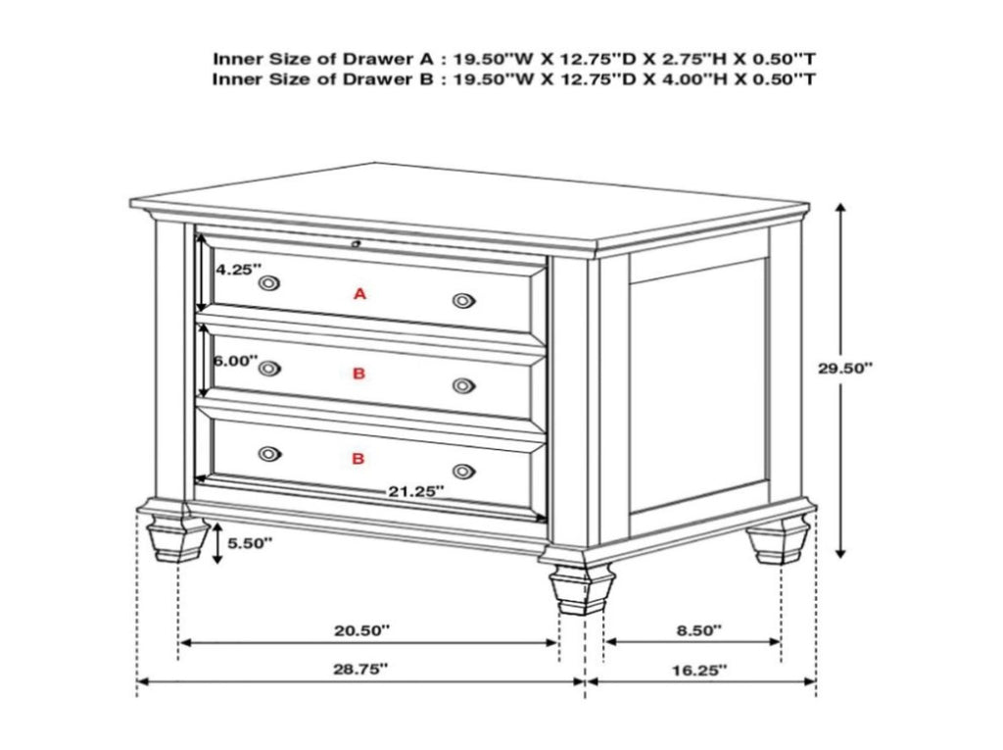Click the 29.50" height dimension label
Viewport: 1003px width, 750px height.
(x=845, y=369)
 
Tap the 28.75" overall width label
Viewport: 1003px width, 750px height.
(x=360, y=670)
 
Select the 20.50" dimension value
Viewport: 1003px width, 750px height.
(x=361, y=630)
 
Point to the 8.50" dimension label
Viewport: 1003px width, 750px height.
(x=699, y=630)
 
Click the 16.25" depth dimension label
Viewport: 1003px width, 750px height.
(x=699, y=671)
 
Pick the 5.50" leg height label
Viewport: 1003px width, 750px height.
(x=250, y=543)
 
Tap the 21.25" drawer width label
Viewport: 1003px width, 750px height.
(x=415, y=491)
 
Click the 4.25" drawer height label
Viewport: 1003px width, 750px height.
(x=238, y=270)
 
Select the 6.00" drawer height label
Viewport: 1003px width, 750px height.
(x=235, y=361)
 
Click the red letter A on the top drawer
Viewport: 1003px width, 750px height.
(x=360, y=294)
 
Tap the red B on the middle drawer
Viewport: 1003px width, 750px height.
(x=358, y=373)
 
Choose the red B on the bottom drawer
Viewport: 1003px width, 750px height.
(x=358, y=459)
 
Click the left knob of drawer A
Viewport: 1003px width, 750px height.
(x=269, y=282)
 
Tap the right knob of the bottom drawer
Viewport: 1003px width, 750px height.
(x=463, y=472)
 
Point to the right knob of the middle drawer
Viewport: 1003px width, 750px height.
(x=463, y=385)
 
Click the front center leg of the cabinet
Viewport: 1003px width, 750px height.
(x=582, y=588)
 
